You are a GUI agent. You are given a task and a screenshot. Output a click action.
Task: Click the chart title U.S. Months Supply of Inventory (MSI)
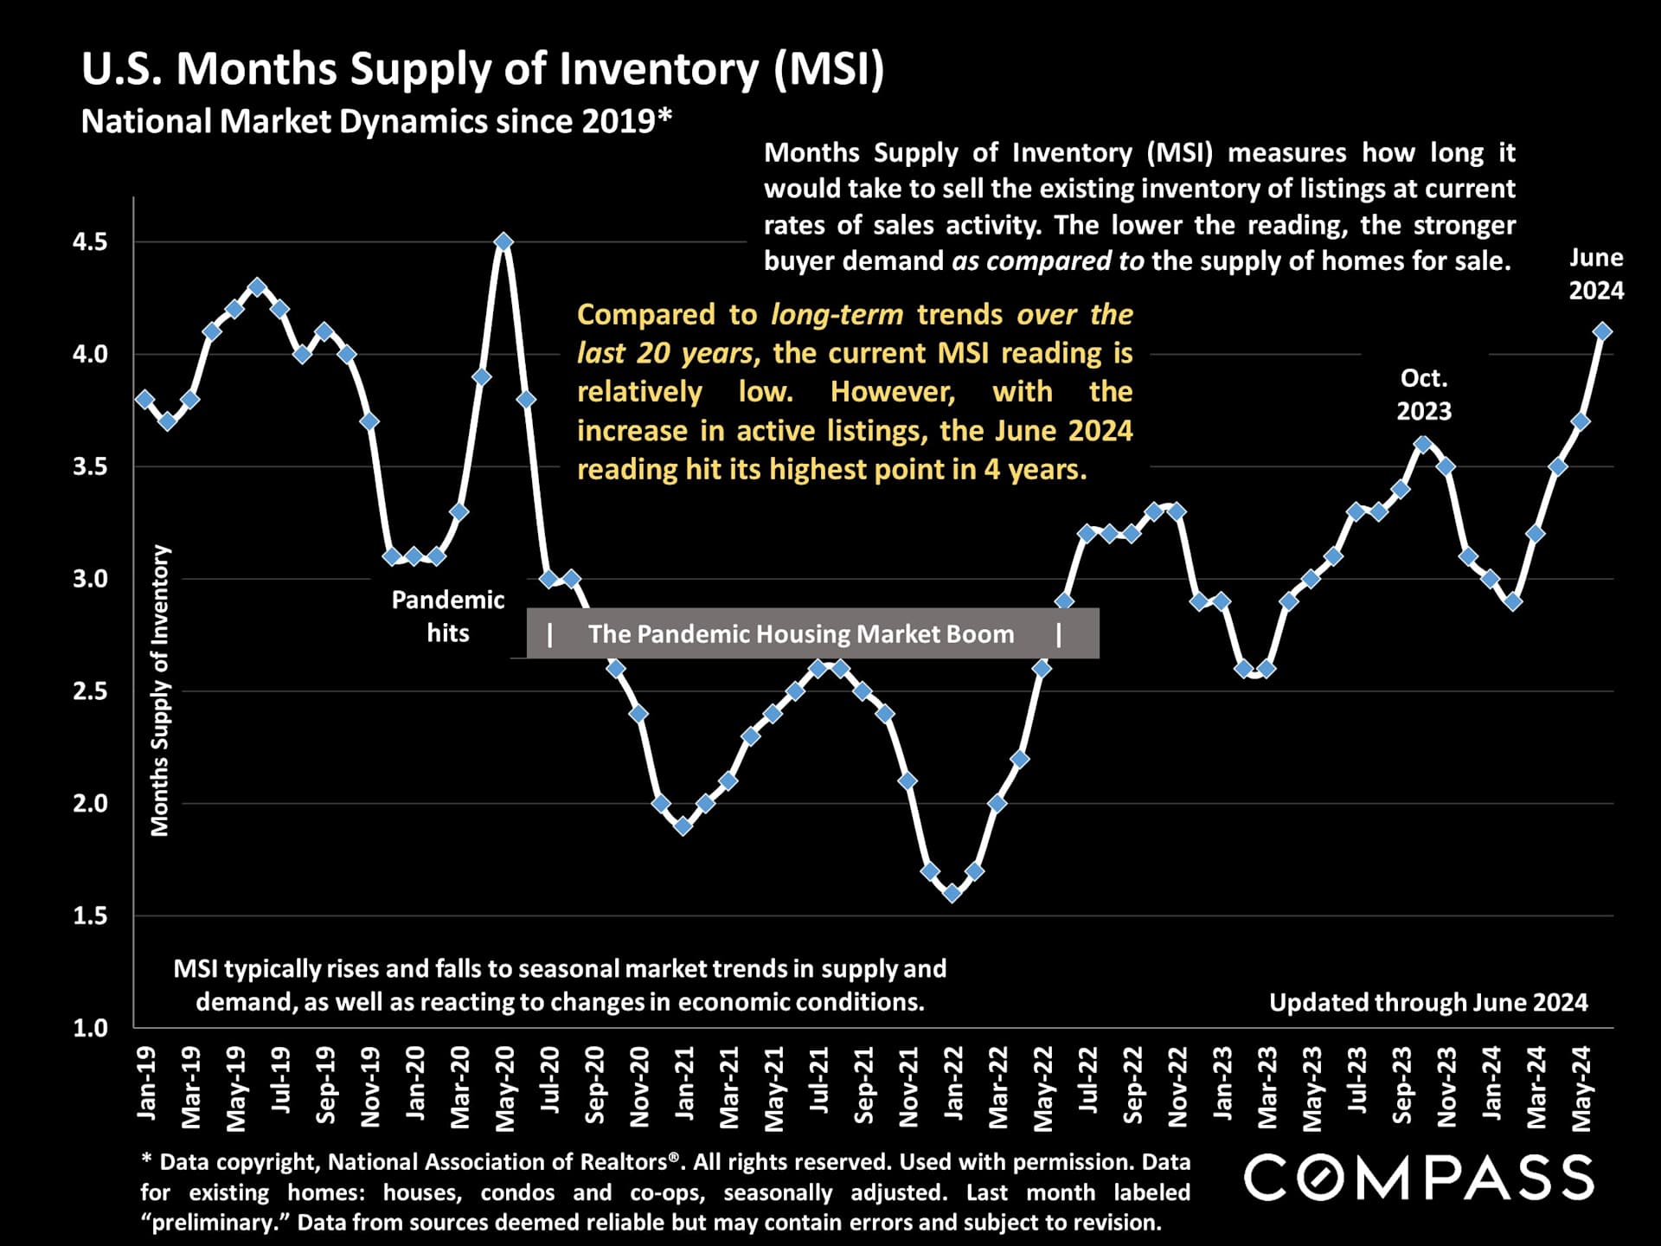tap(483, 69)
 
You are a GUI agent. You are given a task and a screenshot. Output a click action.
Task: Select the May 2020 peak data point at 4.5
tap(503, 241)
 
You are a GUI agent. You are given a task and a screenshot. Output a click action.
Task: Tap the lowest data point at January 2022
tap(952, 893)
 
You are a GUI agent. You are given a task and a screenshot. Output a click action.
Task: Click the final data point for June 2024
tap(1602, 331)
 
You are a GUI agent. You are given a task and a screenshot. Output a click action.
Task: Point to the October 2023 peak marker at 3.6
tap(1422, 444)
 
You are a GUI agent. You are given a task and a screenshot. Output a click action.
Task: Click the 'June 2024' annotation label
tap(1596, 273)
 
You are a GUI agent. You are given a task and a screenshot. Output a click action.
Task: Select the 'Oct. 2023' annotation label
tap(1423, 395)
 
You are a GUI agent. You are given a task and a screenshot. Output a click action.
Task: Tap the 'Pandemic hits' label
tap(447, 616)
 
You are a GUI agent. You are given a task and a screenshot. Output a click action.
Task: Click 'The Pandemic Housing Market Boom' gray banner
tap(812, 633)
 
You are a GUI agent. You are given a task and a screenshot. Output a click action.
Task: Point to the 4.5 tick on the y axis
tap(90, 242)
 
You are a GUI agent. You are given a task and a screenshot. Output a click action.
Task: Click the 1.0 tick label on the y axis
tap(90, 1028)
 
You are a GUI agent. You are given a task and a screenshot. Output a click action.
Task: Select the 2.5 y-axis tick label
tap(90, 691)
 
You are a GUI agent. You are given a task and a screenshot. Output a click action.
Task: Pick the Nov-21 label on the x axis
tap(907, 1087)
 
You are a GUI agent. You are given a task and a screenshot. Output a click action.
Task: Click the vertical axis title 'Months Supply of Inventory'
tap(160, 690)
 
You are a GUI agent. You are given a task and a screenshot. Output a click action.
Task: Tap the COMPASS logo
tap(1419, 1178)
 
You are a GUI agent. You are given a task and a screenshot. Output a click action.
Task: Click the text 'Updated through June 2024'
tap(1428, 1002)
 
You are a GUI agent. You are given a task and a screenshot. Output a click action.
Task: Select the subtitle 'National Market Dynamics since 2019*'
tap(376, 121)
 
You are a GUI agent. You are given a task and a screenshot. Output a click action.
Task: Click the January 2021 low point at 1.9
tap(683, 825)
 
